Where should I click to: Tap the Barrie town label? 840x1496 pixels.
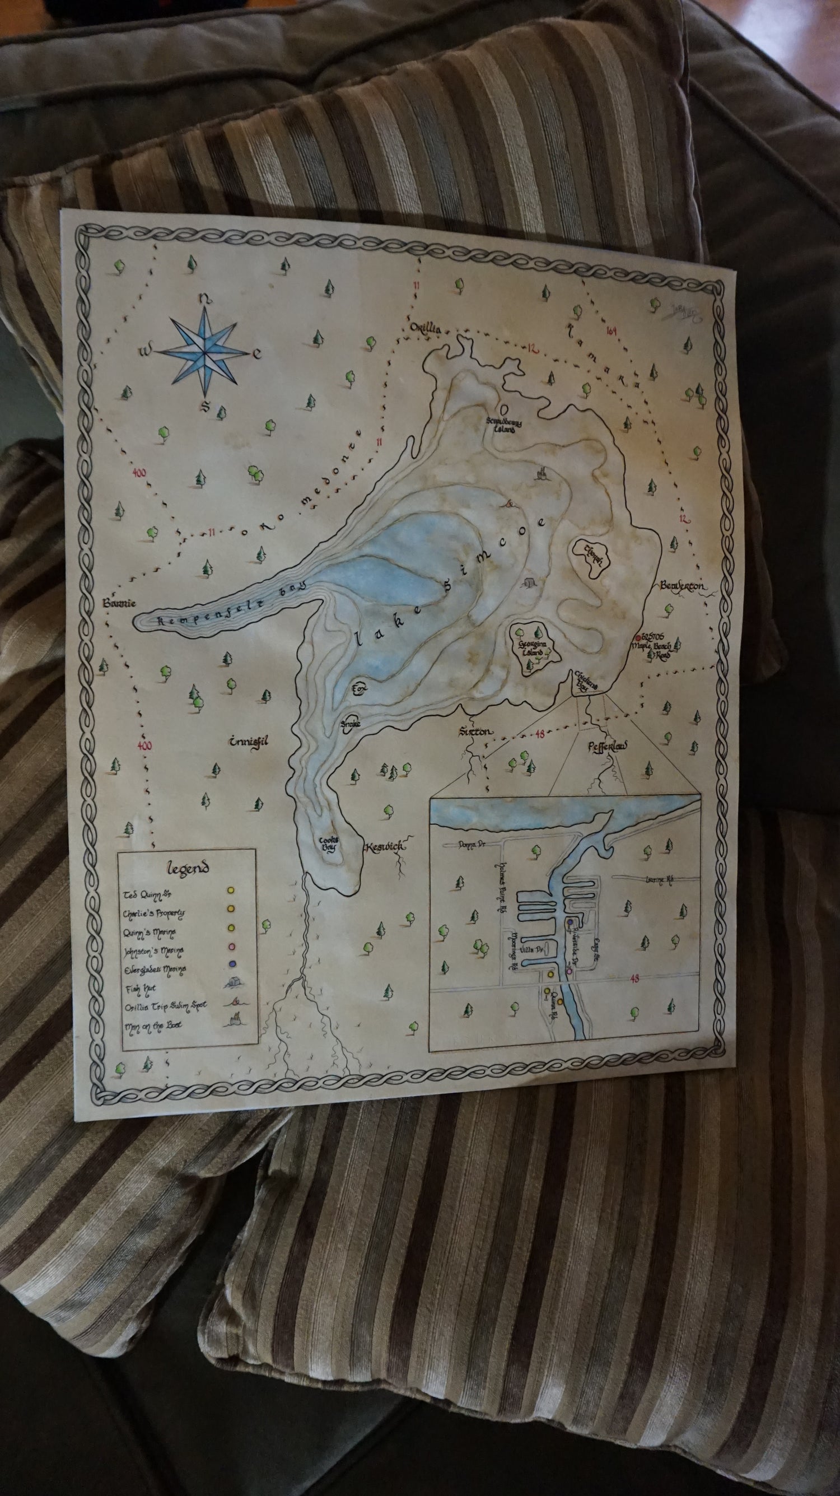pos(119,603)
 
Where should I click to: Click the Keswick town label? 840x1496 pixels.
pos(385,847)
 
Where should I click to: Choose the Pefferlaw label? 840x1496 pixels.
pos(608,745)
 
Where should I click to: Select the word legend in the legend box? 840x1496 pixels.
pos(188,868)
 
